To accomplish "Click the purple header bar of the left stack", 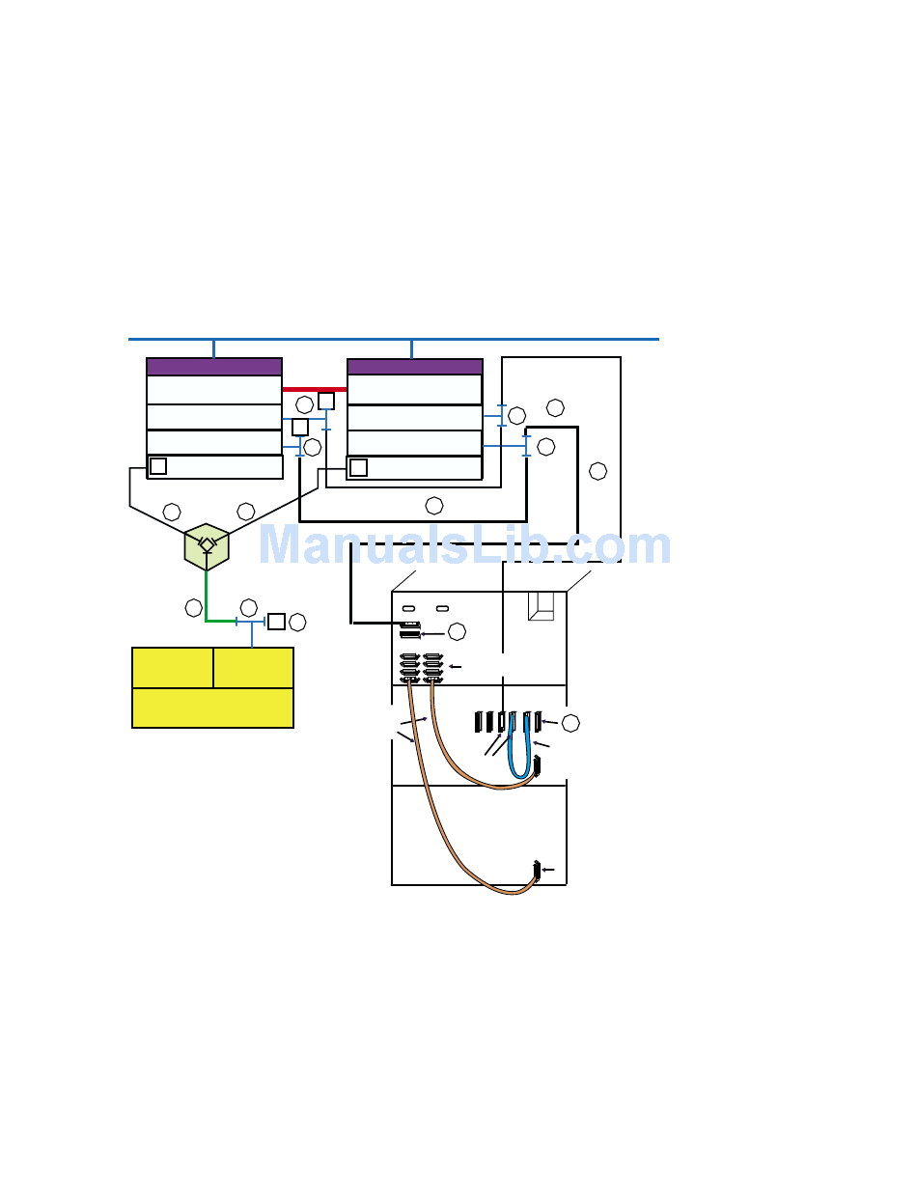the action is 214,367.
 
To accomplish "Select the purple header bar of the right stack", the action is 414,367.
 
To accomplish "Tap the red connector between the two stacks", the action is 314,389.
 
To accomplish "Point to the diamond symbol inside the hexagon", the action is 207,544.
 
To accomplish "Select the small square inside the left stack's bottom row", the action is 158,466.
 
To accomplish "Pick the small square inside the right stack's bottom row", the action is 358,467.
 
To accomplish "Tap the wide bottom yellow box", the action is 212,708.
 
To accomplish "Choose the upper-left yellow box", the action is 173,667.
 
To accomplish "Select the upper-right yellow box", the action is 253,667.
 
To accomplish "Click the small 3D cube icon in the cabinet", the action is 541,605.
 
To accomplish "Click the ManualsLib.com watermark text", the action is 463,545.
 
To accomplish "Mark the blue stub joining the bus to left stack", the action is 213,348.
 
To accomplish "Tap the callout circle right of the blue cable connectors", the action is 570,722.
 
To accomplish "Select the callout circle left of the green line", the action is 194,607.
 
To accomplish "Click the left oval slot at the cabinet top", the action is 408,609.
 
